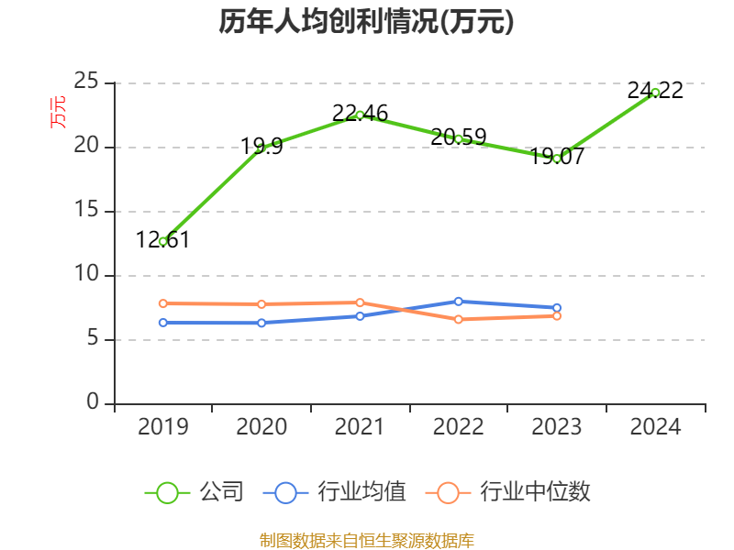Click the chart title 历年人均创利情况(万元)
point(366,22)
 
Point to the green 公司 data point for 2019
point(162,241)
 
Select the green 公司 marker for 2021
point(360,115)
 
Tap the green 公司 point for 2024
point(655,92)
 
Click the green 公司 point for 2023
point(557,159)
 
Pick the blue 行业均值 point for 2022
point(459,301)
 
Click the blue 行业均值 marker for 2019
point(162,323)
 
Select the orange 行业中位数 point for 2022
point(459,319)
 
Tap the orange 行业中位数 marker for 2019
point(162,303)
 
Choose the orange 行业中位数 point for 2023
point(557,315)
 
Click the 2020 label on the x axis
point(261,427)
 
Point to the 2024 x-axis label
point(655,427)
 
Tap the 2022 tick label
point(459,427)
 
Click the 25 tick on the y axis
point(86,82)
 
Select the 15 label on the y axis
point(86,211)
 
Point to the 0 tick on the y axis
point(93,403)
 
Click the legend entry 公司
point(195,492)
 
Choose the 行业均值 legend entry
point(335,492)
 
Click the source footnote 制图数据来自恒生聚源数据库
point(366,540)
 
